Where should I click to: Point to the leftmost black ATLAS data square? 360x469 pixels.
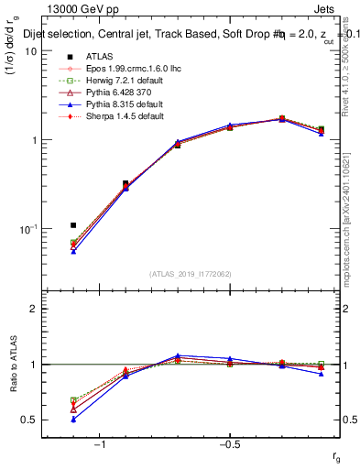(73, 224)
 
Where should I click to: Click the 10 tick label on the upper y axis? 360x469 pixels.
(30, 51)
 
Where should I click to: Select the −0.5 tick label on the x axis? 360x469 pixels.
(228, 443)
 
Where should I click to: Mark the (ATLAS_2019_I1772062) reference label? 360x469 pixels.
(190, 274)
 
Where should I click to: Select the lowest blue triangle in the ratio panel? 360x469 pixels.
(73, 419)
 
